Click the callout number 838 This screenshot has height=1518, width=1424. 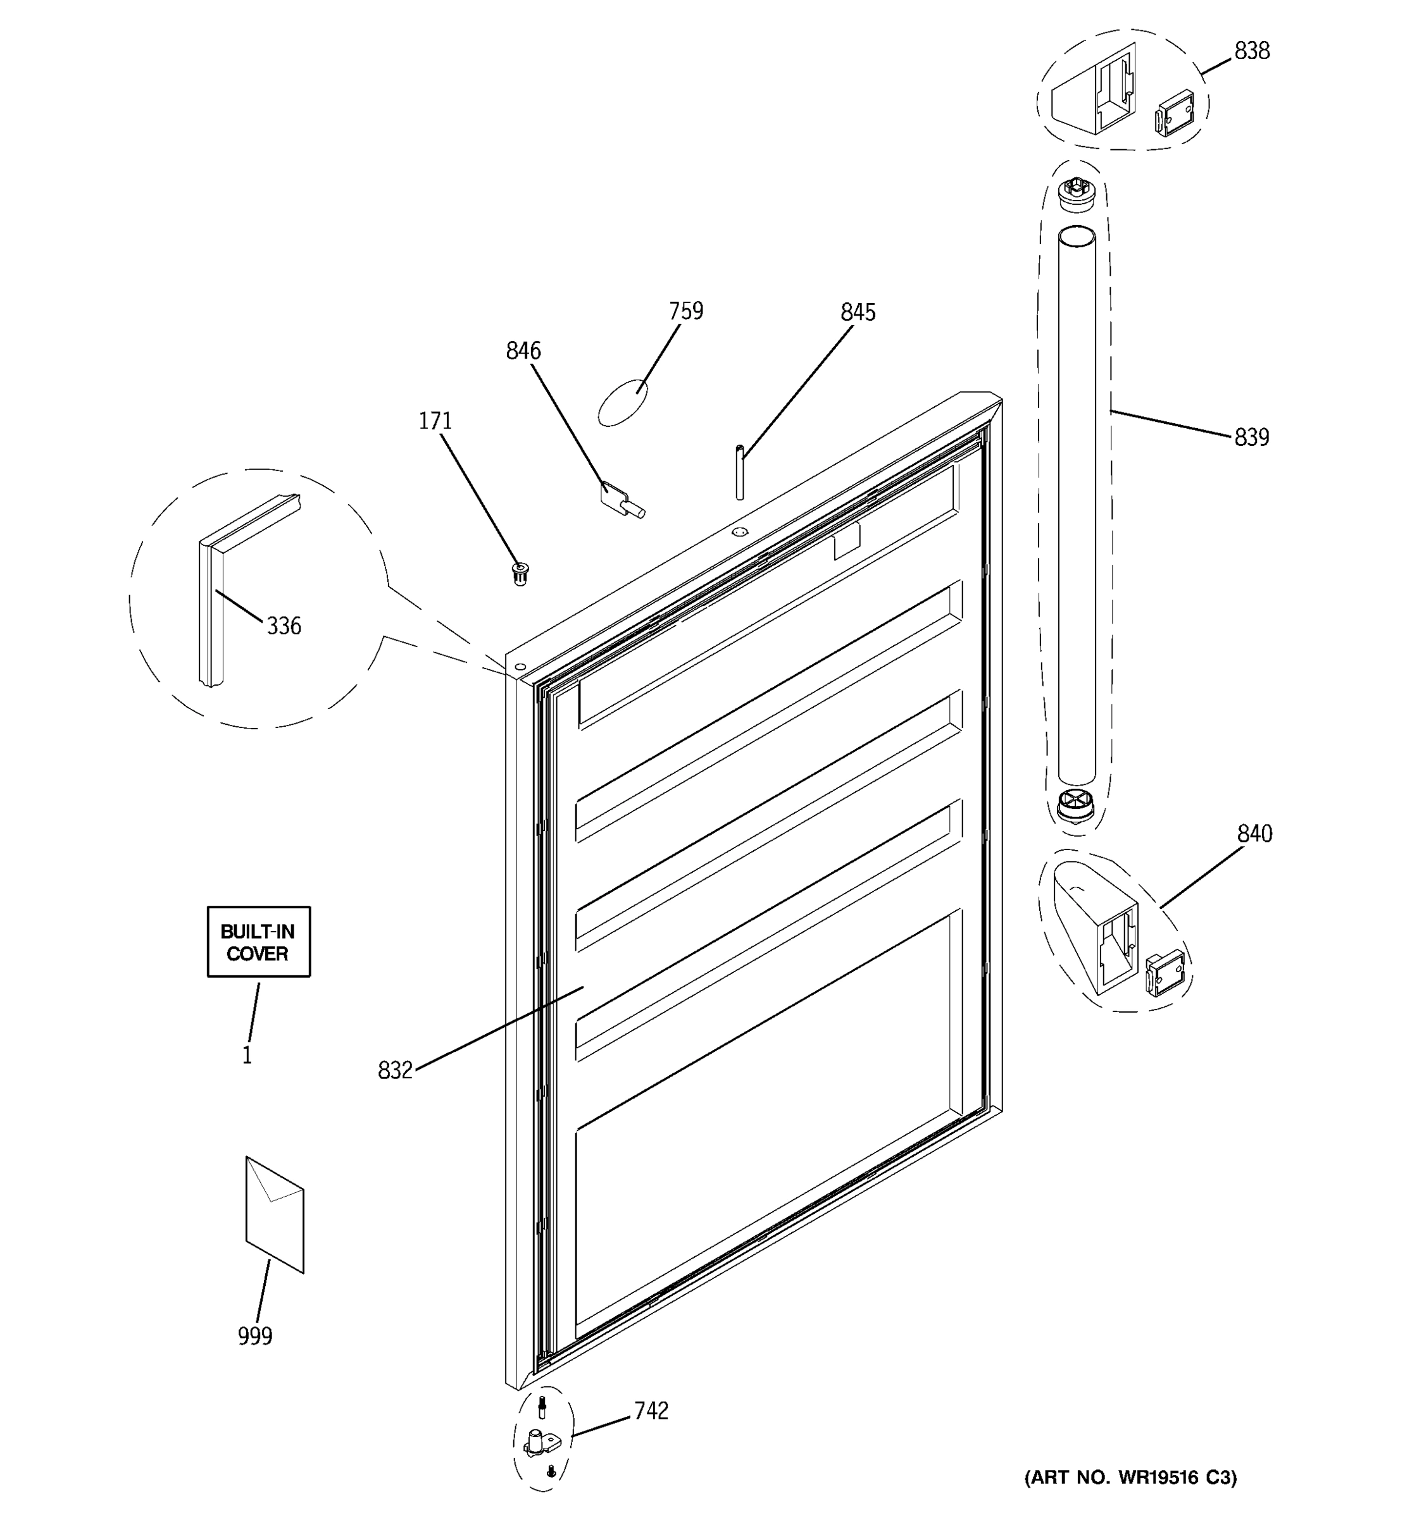(x=1251, y=51)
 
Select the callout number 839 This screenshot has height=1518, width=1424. (x=1251, y=438)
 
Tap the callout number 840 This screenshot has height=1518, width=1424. (x=1254, y=834)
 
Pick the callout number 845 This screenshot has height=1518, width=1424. (x=857, y=313)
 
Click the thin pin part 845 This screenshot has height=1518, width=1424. (x=739, y=472)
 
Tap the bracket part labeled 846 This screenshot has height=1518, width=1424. (x=620, y=497)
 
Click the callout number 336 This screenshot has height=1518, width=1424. (x=284, y=627)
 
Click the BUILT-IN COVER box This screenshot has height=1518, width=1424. (x=258, y=942)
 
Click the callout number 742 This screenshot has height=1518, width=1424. (x=651, y=1411)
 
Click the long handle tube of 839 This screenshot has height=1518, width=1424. (x=1077, y=504)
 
